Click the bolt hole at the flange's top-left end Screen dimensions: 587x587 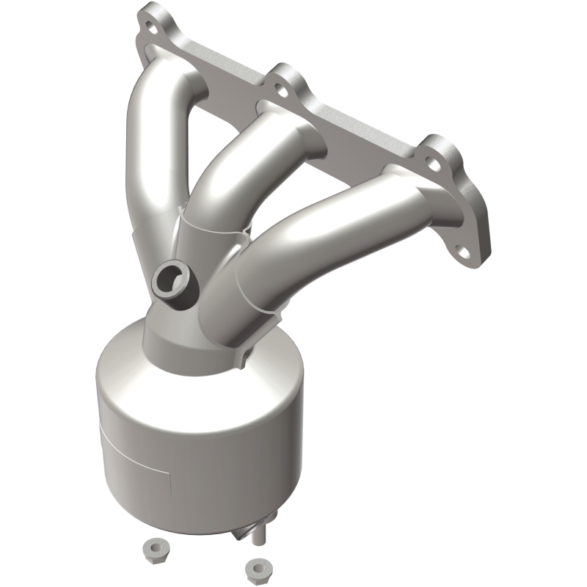point(152,27)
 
